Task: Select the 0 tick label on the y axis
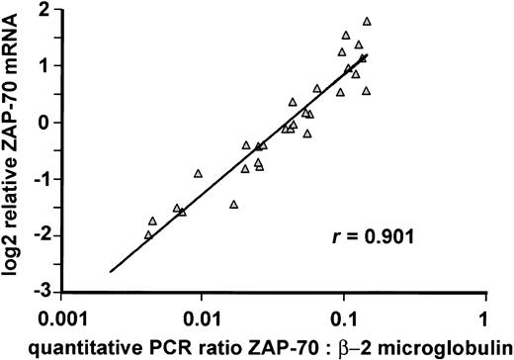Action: [46, 123]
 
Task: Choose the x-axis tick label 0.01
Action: [202, 321]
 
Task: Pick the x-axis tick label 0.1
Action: [343, 321]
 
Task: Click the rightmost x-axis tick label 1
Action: [483, 321]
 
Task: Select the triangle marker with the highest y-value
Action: [367, 21]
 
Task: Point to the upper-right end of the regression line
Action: [368, 55]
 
